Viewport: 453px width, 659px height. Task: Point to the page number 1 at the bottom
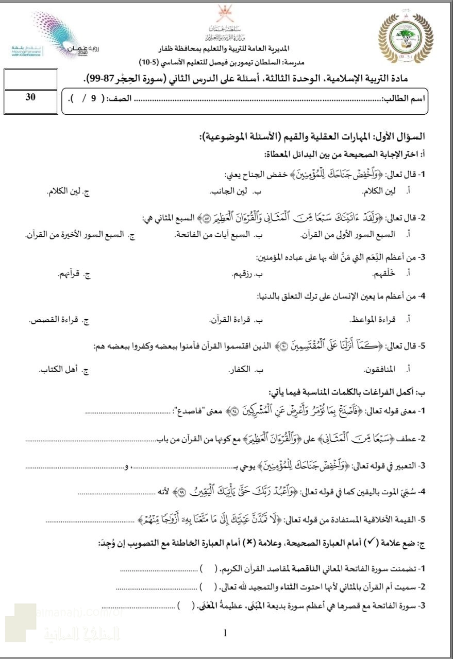225,633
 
